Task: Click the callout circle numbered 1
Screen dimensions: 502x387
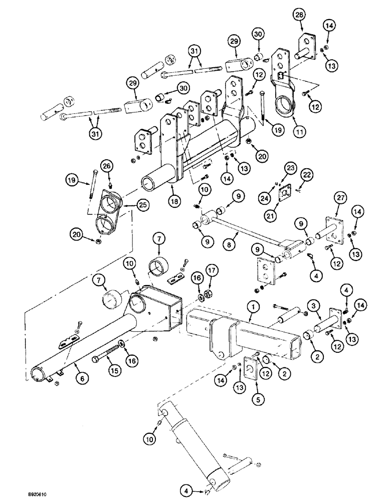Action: click(x=254, y=304)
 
